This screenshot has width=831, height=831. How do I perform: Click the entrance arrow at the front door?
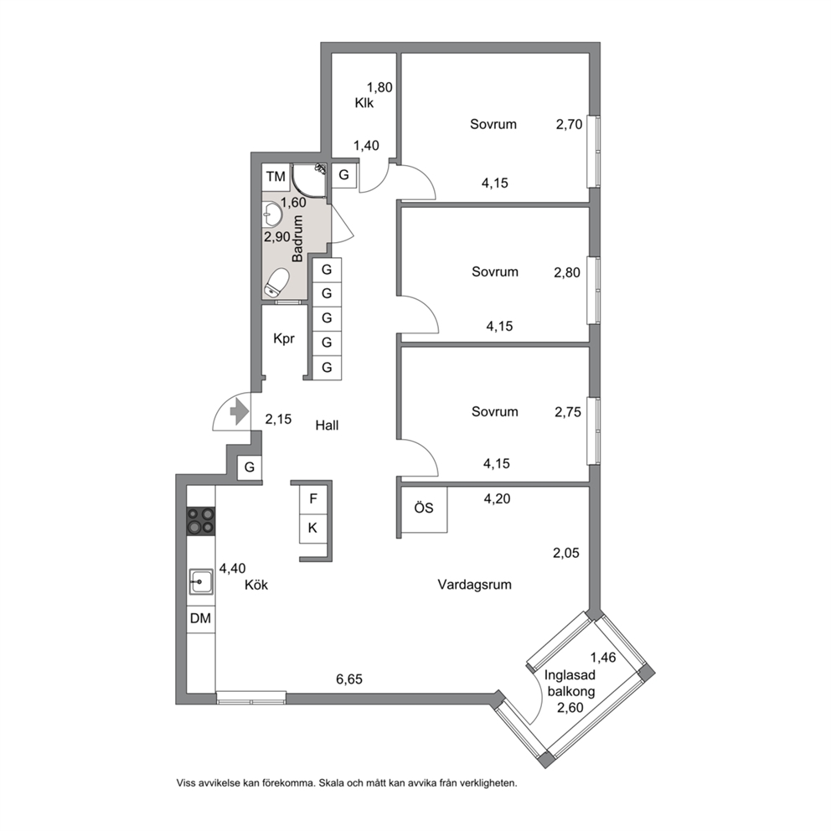tap(240, 411)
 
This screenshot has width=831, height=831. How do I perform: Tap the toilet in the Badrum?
tap(276, 281)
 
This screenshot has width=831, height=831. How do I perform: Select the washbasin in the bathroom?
tap(272, 215)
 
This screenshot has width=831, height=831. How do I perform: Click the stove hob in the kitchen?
tap(200, 520)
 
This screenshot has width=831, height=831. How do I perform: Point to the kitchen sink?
tap(201, 582)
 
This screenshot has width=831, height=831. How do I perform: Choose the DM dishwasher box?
tap(200, 618)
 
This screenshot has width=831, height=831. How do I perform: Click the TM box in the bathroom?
tap(276, 177)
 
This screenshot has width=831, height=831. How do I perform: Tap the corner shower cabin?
tap(308, 179)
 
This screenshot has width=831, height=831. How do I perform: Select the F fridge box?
tap(313, 498)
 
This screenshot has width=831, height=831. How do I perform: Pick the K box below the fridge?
tap(313, 529)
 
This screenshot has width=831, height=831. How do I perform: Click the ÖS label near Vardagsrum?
tap(423, 508)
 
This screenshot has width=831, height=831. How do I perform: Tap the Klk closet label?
tap(364, 103)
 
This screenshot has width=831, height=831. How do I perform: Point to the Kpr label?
tap(283, 338)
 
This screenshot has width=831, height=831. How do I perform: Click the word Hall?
tap(327, 425)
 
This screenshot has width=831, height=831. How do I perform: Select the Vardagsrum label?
tap(474, 585)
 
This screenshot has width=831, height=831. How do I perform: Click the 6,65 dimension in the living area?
tap(349, 679)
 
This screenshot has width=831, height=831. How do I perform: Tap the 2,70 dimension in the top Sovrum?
tap(569, 124)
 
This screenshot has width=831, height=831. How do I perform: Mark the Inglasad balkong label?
tap(570, 683)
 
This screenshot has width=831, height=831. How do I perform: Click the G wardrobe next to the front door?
tap(250, 467)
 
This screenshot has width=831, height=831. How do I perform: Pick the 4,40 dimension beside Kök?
tap(233, 568)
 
